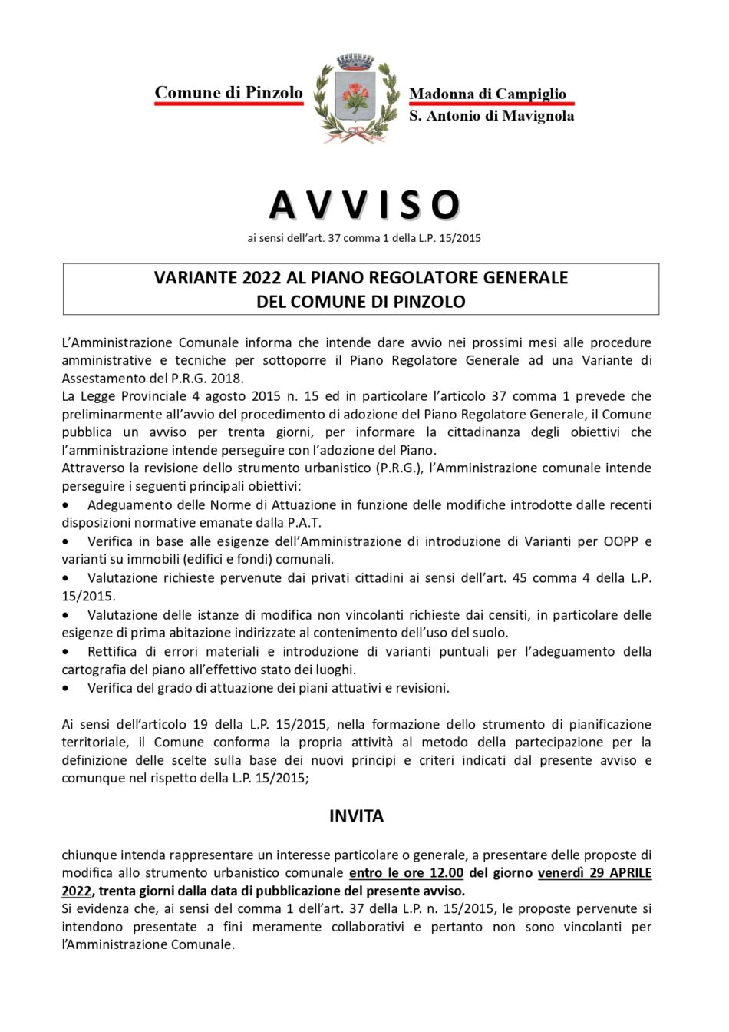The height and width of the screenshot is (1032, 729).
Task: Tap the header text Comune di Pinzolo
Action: coord(229,93)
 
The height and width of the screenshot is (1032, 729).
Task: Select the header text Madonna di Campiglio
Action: coord(487,94)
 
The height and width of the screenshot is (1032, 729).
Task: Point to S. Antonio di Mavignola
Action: coord(491,116)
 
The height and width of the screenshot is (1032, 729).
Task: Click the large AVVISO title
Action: coord(364,205)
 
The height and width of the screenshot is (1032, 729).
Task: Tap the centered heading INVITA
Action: coord(356,816)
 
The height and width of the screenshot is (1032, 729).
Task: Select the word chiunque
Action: coord(89,855)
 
